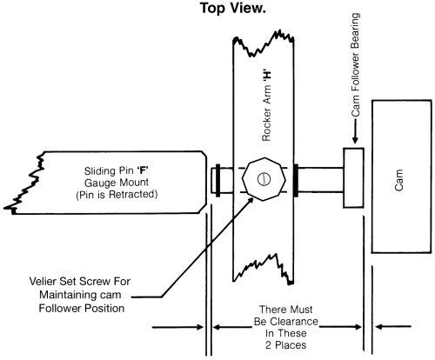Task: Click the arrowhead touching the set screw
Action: (255, 195)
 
